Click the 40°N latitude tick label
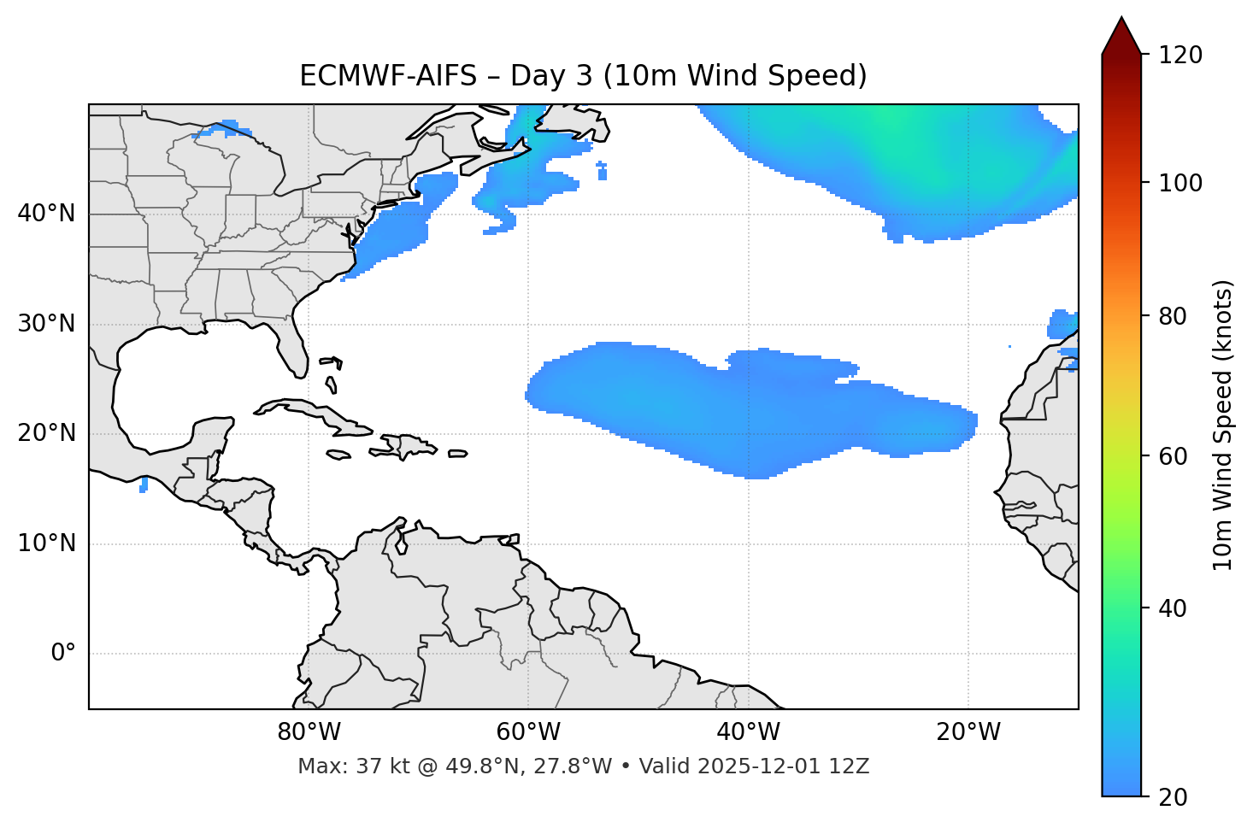46,214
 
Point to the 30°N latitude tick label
46,324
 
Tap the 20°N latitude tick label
46,433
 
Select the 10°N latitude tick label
46,543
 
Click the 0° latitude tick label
63,654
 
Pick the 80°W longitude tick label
309,732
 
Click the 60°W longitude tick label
528,732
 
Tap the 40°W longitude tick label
748,732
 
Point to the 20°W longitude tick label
968,732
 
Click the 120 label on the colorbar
1179,56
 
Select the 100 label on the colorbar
1179,183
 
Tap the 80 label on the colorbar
1174,316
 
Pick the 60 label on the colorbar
1174,456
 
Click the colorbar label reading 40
1174,608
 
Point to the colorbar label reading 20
1174,797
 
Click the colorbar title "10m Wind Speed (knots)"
1223,426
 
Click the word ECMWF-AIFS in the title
387,76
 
